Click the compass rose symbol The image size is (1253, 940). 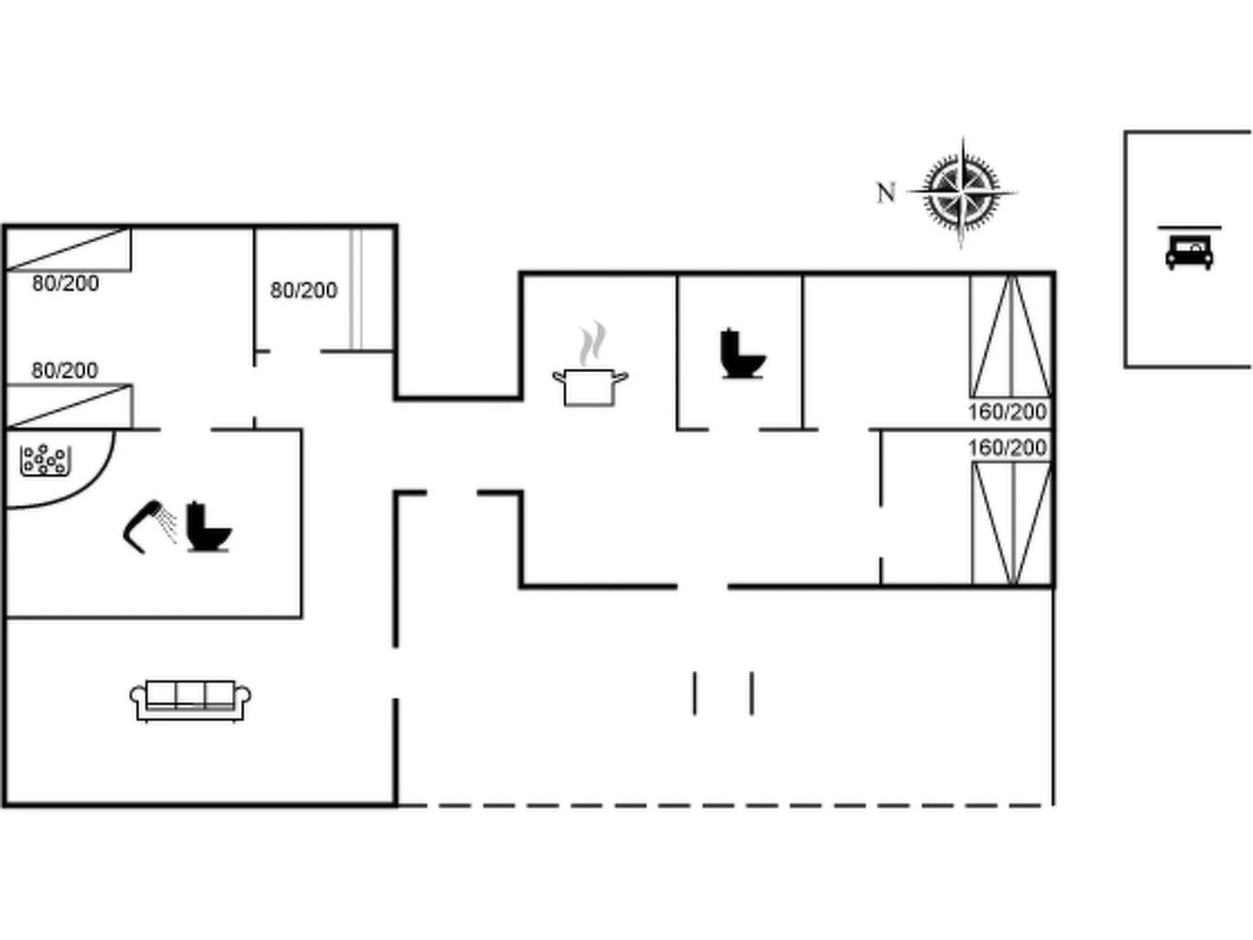point(963,191)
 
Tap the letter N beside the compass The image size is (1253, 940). point(886,193)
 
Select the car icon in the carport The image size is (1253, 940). point(1189,252)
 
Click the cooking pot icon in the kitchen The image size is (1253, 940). point(591,386)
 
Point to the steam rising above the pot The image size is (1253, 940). point(594,342)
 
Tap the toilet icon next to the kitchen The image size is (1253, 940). point(741,354)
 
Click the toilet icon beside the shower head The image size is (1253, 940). point(208,527)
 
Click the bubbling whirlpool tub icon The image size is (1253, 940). point(45,460)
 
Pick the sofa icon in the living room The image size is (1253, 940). point(190,700)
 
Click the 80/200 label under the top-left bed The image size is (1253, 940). point(66,283)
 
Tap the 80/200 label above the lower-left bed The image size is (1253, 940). point(65,370)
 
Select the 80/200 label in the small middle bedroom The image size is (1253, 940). point(303,290)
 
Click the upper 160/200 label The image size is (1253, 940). point(1007,411)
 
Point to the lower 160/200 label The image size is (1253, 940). point(1007,448)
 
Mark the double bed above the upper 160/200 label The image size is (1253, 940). point(1011,336)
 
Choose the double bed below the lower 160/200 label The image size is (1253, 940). point(1012,523)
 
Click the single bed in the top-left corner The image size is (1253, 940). point(68,249)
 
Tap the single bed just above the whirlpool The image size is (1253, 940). point(69,406)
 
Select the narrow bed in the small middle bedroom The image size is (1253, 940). point(357,289)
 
